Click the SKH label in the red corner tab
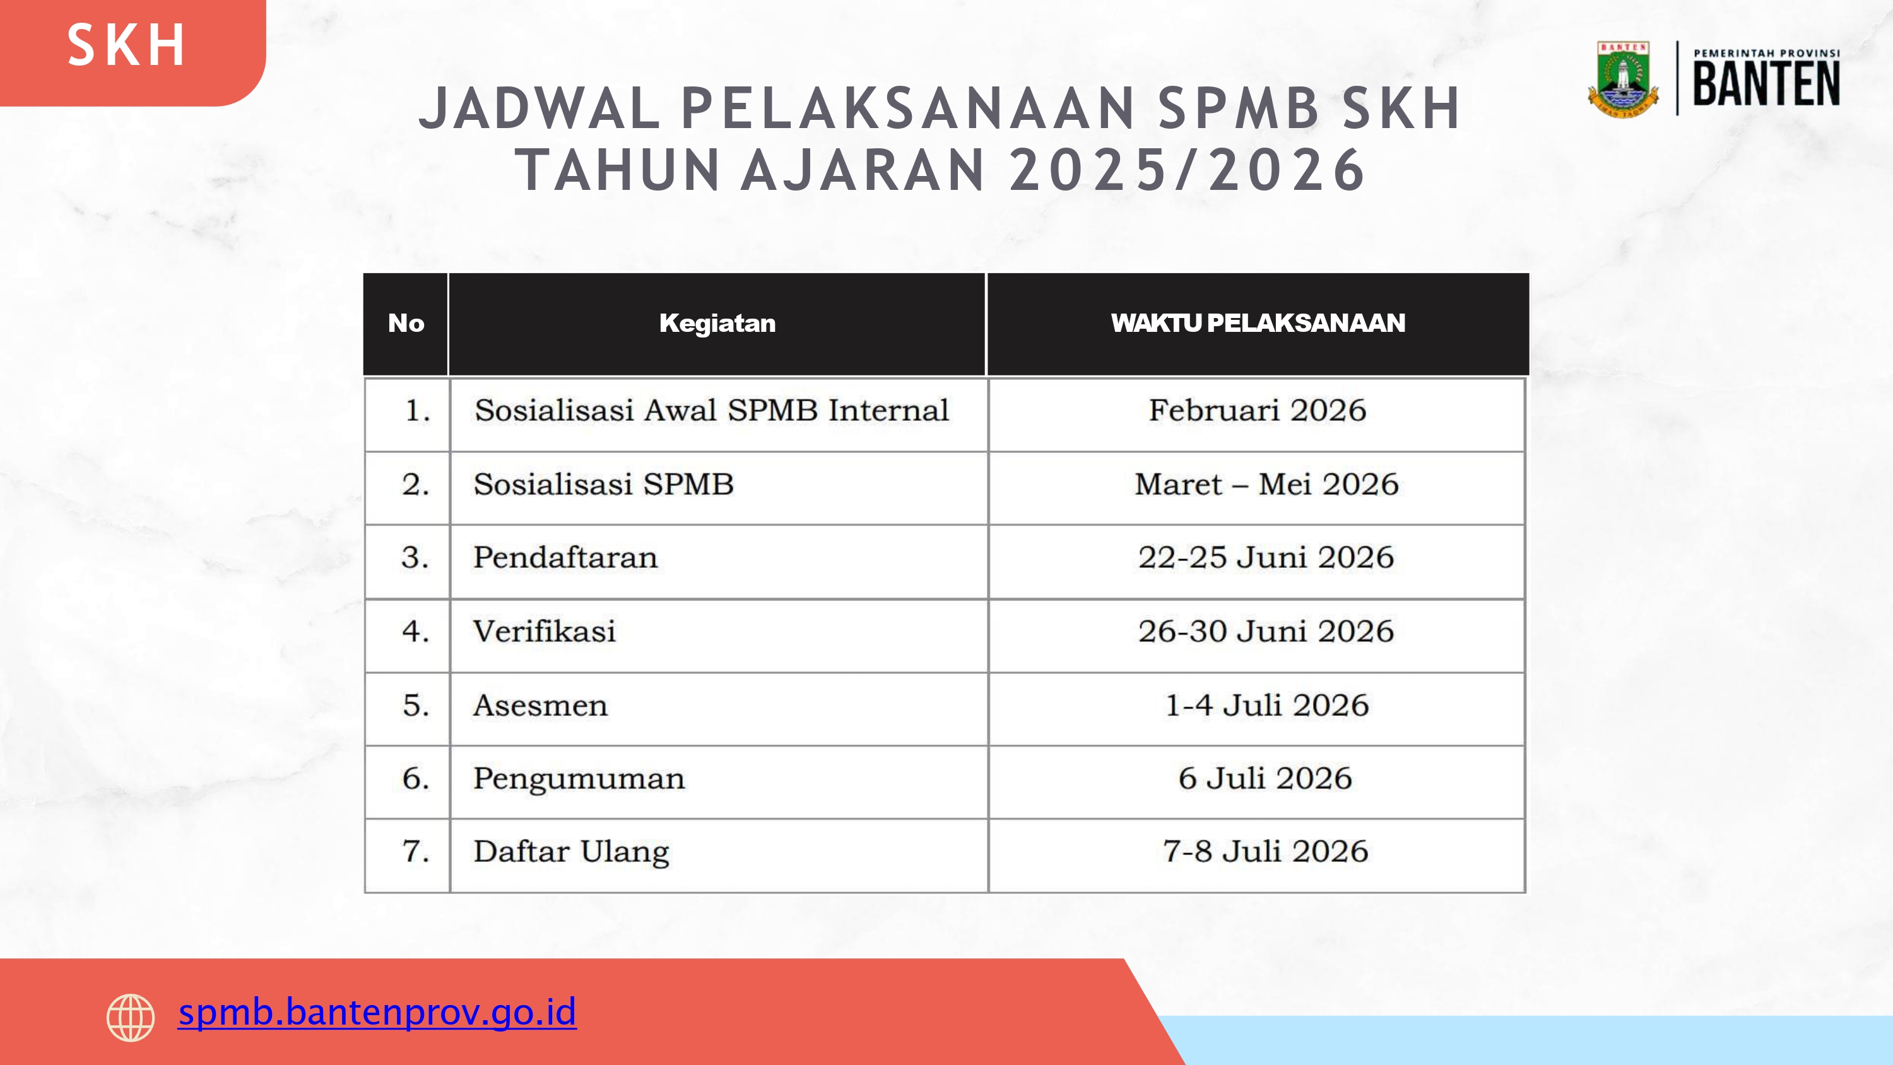(x=126, y=45)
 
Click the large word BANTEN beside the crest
(x=1766, y=84)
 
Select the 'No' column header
(x=406, y=324)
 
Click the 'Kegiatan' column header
(x=717, y=324)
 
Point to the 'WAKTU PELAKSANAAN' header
(x=1258, y=324)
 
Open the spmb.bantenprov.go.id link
(x=377, y=1013)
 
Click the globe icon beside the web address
(x=131, y=1018)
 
